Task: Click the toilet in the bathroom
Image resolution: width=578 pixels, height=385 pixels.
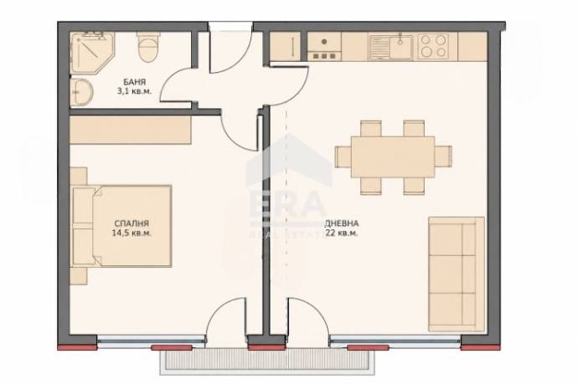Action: pos(148,47)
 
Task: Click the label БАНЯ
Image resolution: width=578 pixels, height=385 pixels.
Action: pos(135,82)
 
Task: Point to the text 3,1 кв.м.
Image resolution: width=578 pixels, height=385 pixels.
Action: pos(134,91)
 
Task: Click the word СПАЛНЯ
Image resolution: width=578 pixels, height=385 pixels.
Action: pos(132,223)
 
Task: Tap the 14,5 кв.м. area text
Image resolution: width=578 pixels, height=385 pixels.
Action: pos(132,233)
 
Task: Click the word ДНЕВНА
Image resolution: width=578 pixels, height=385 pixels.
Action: pos(341,223)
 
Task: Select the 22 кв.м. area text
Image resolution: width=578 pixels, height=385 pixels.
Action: pos(341,233)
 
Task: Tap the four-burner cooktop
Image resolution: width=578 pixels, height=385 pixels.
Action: pos(433,46)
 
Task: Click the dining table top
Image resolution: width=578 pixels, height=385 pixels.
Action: pos(393,157)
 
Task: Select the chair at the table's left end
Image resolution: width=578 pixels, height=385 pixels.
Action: pos(343,157)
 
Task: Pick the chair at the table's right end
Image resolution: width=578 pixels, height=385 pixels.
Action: pos(443,157)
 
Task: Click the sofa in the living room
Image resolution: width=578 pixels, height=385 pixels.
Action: pos(457,275)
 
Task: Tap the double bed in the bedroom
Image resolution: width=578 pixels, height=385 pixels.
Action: pos(122,226)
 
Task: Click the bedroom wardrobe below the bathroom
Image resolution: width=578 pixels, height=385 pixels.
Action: pos(131,130)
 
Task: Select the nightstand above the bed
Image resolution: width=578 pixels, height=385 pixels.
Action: pos(79,176)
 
